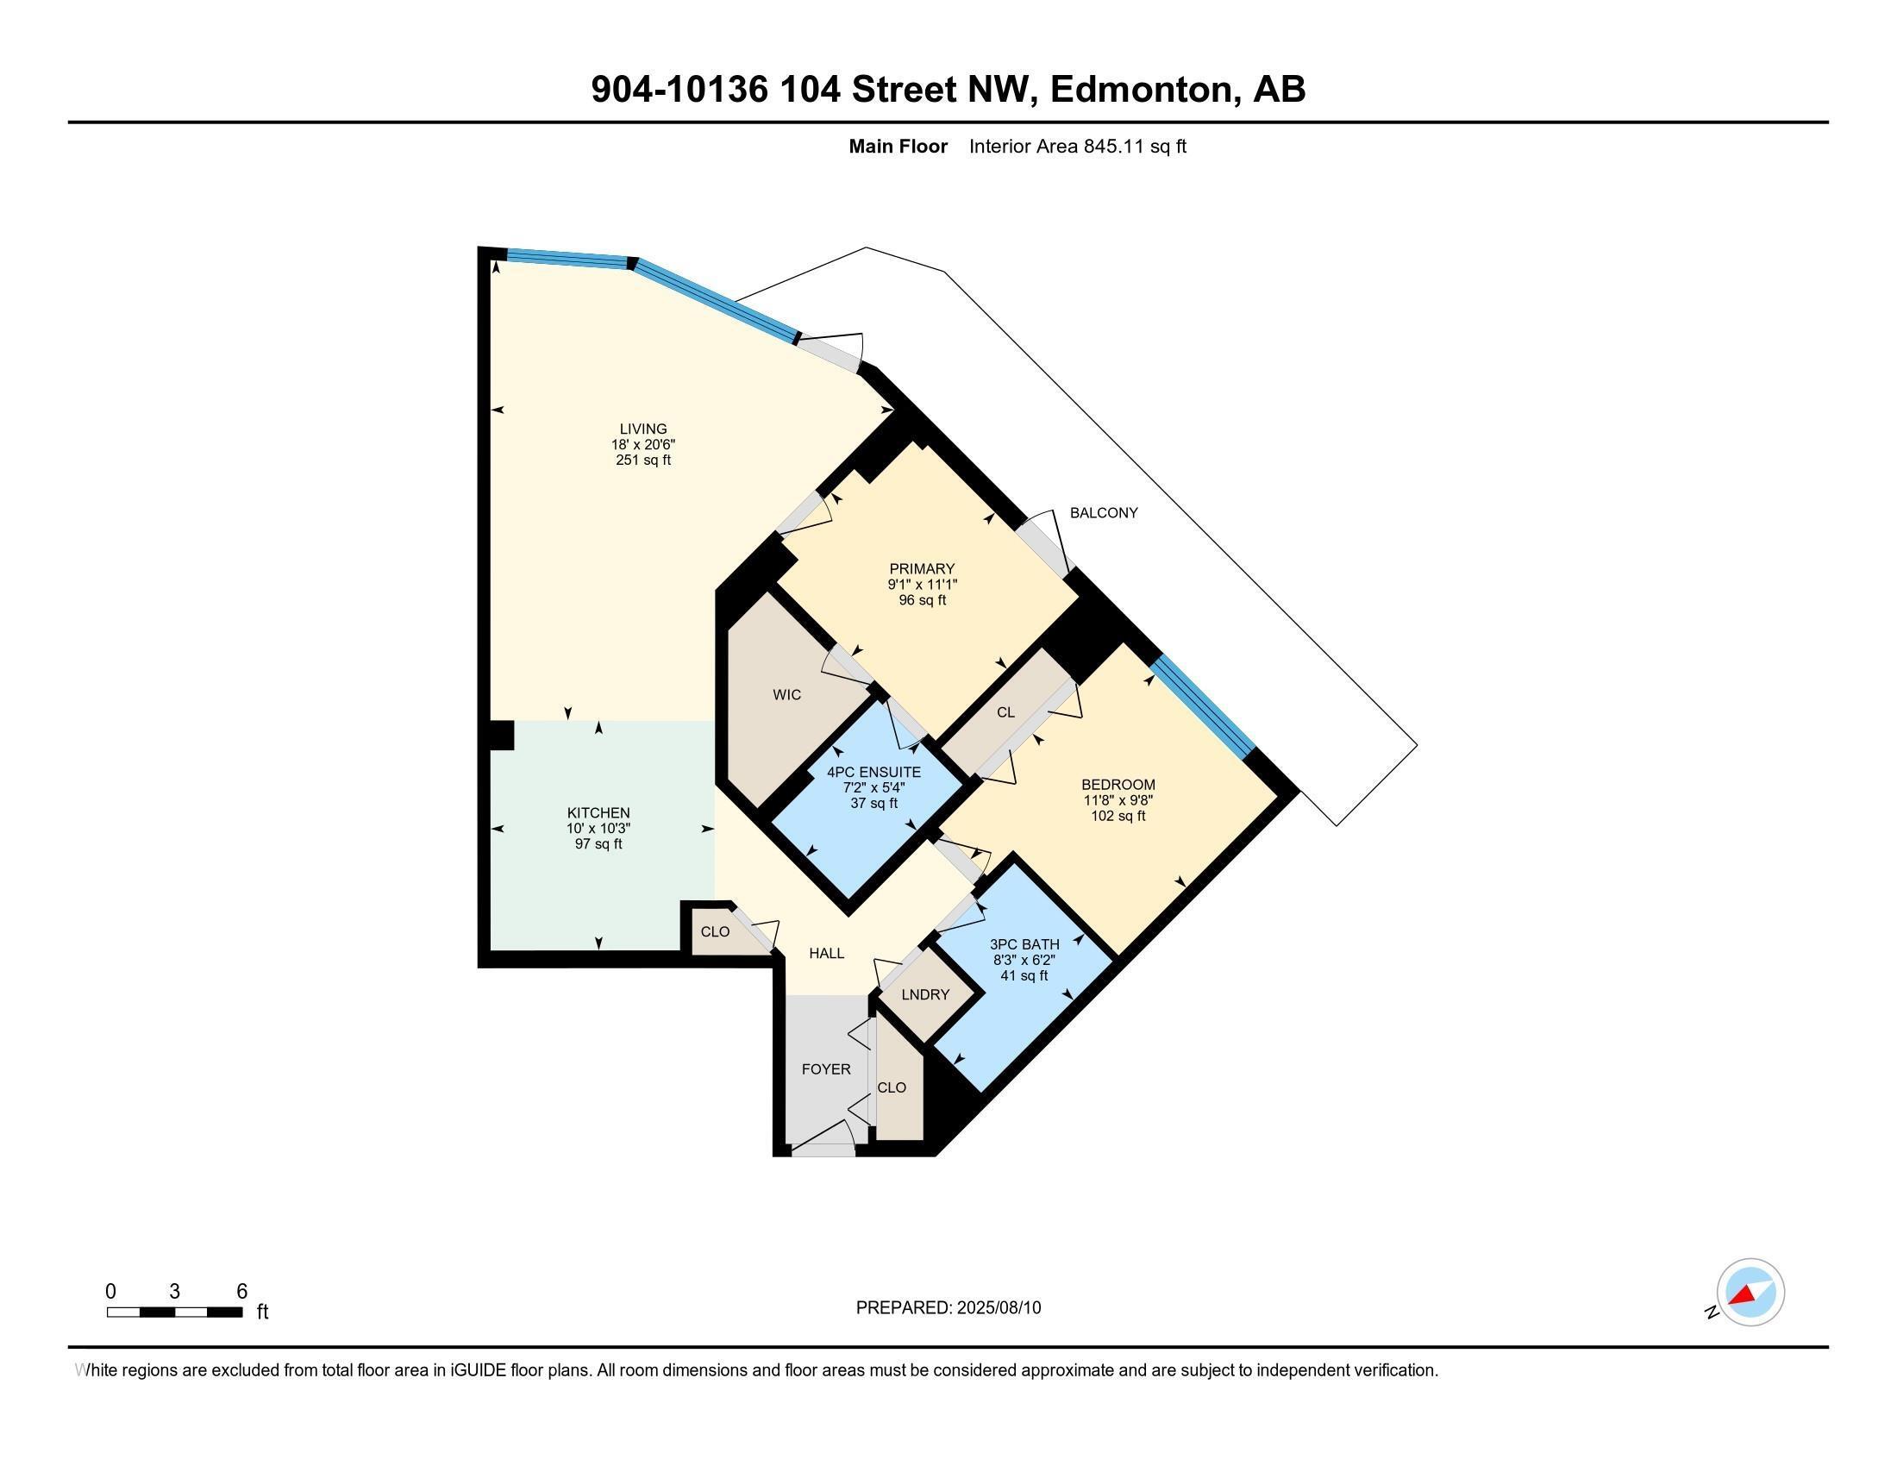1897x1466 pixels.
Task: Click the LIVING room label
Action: click(642, 429)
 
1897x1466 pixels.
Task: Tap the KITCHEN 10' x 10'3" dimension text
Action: click(598, 829)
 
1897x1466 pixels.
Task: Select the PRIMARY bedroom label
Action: click(922, 569)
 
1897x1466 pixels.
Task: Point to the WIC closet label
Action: click(786, 695)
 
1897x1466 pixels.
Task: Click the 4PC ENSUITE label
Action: click(873, 772)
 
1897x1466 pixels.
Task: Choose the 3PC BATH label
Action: click(1024, 944)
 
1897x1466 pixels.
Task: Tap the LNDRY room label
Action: click(925, 994)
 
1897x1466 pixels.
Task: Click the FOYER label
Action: click(825, 1069)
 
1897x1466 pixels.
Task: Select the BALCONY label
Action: click(1103, 512)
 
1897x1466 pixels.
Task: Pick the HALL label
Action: click(826, 953)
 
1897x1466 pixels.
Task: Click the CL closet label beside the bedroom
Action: click(1005, 712)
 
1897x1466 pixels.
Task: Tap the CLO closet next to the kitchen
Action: click(715, 932)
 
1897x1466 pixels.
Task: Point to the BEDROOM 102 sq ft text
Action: click(1118, 817)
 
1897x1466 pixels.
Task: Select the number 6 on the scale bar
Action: click(242, 1291)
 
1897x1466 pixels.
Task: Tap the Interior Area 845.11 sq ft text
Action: click(1077, 146)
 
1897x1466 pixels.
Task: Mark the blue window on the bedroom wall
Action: click(1203, 705)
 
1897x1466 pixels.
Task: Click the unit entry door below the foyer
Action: click(822, 1148)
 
